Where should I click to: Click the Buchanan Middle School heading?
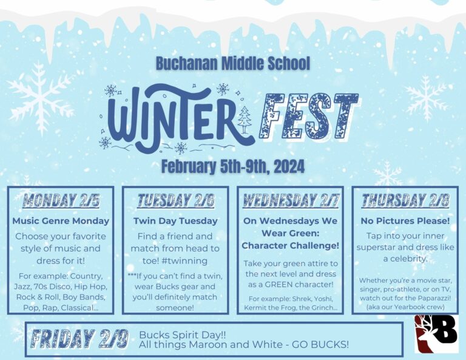233,63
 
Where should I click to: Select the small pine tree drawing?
245,120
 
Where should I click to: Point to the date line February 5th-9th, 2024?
233,166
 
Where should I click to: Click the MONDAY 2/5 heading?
61,200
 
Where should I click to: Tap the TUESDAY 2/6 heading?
175,200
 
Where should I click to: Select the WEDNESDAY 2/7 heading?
291,200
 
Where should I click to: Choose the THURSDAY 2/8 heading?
405,200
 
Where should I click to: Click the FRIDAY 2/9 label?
79,339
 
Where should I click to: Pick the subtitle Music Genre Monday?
61,221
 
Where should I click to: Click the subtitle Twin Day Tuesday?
175,221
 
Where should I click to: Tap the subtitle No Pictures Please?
405,221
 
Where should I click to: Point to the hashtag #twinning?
185,260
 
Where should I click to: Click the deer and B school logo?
436,334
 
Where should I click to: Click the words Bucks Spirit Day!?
183,335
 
